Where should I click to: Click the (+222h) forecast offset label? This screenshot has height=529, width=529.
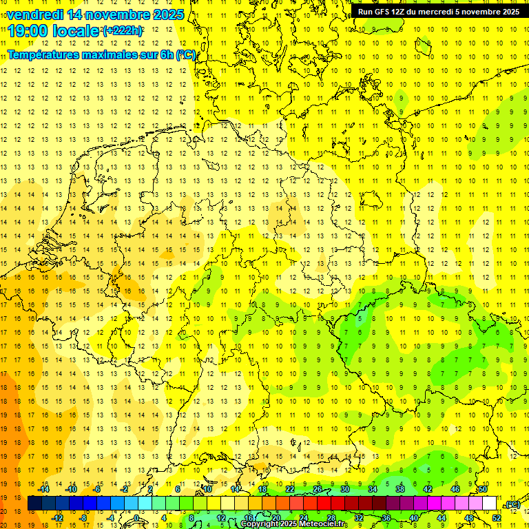pos(122,31)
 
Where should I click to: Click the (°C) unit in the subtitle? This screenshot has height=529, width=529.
pos(187,54)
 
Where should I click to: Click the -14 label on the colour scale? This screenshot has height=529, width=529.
pos(44,489)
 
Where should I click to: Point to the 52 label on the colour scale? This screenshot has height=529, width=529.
pos(497,518)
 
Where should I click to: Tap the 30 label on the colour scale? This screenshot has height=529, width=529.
pos(345,489)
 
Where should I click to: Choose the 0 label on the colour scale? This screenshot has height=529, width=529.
pos(136,518)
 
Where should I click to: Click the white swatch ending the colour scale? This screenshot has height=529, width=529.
pos(490,504)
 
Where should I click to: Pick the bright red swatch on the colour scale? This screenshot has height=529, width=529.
pos(324,504)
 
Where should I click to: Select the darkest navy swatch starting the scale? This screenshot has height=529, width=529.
pos(34,504)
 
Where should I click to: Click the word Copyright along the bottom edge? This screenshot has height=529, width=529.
pos(259,524)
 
